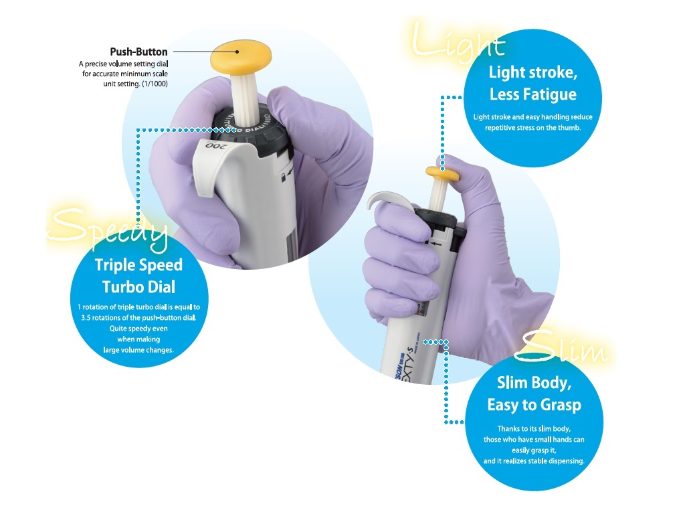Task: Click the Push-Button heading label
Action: point(138,52)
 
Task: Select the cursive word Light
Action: point(458,41)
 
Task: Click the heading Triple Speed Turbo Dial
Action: point(138,275)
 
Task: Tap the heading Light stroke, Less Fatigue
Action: point(532,83)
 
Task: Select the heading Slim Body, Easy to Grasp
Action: point(533,394)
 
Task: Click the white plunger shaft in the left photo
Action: point(239,90)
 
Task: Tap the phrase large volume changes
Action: point(138,349)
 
